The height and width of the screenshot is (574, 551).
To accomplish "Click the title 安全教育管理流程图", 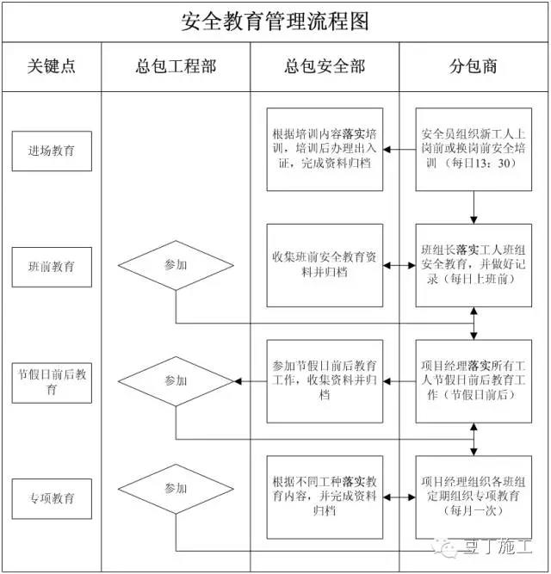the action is pyautogui.click(x=275, y=22).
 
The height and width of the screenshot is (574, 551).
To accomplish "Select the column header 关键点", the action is pyautogui.click(x=52, y=66).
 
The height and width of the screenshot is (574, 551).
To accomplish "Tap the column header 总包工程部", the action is pyautogui.click(x=176, y=66).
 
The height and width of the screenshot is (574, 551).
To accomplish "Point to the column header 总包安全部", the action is pyautogui.click(x=325, y=66).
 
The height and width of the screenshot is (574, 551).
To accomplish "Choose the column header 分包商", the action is pyautogui.click(x=474, y=66).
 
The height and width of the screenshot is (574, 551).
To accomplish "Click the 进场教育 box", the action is pyautogui.click(x=52, y=151).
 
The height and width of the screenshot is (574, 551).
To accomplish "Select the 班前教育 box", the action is pyautogui.click(x=52, y=267).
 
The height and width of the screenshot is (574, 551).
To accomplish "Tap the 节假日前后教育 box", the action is pyautogui.click(x=52, y=383).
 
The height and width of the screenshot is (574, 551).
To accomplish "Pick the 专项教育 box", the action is pyautogui.click(x=52, y=498).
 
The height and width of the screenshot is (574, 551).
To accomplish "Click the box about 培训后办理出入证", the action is pyautogui.click(x=325, y=150).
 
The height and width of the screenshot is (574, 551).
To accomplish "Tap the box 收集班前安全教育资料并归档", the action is pyautogui.click(x=325, y=265).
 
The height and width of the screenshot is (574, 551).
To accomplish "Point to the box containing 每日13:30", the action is pyautogui.click(x=474, y=150).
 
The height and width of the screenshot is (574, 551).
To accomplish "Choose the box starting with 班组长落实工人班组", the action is pyautogui.click(x=474, y=265).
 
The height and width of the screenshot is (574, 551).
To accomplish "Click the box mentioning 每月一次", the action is pyautogui.click(x=474, y=497).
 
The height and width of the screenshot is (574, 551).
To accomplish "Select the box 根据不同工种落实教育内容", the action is pyautogui.click(x=325, y=497).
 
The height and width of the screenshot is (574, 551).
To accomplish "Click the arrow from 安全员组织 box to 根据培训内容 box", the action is pyautogui.click(x=399, y=150).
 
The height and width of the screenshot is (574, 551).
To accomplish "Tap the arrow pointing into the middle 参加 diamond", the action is pyautogui.click(x=251, y=381).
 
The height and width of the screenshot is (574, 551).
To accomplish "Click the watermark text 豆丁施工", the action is pyautogui.click(x=497, y=546).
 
